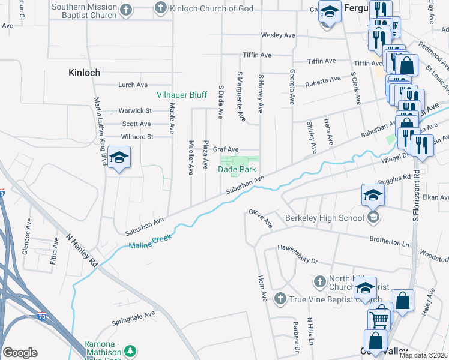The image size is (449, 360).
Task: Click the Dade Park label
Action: coord(237,170)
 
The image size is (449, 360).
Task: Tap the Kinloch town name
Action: coord(84,72)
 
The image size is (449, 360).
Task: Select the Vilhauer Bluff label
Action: coord(182,95)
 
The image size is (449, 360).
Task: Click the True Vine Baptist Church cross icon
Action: coord(279,298)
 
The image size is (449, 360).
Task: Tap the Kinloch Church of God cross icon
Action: coord(160,8)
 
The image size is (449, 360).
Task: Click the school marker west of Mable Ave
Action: coord(119,158)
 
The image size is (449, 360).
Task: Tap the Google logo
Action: coord(20,353)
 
